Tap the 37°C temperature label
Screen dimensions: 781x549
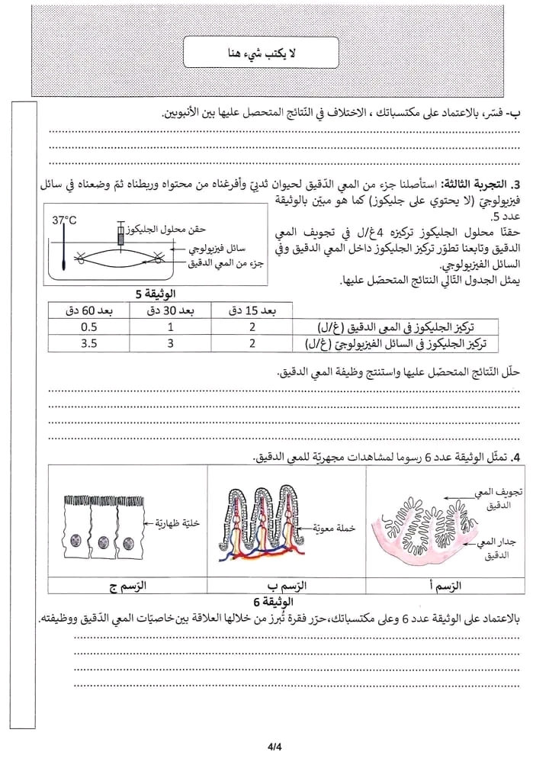[65, 221]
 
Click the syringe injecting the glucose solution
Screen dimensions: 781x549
[121, 233]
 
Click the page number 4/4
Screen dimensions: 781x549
[274, 749]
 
